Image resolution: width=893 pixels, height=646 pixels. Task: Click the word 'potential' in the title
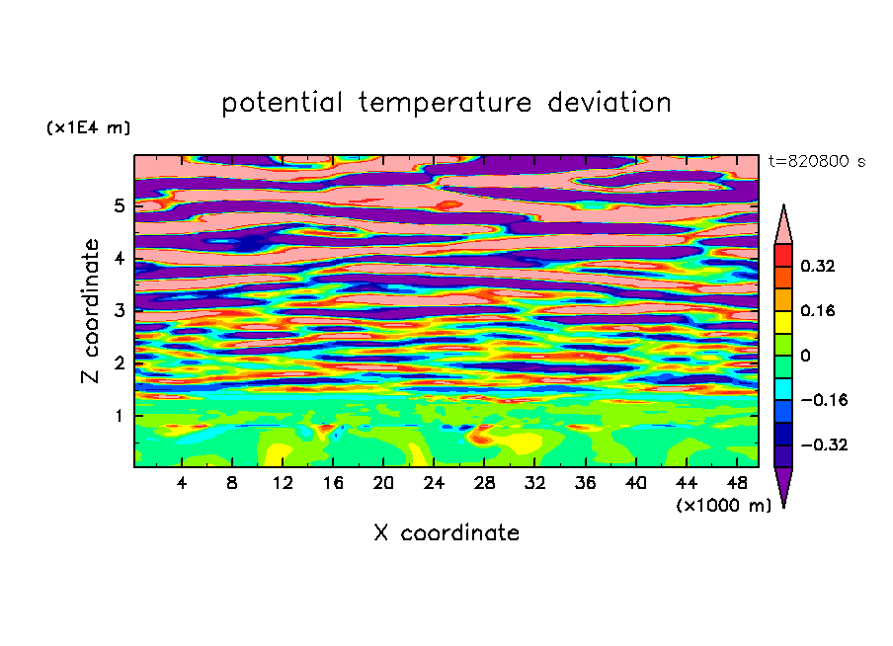(282, 104)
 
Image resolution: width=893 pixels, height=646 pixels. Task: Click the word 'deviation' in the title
(609, 103)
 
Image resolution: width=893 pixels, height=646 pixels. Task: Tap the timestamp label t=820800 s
(817, 161)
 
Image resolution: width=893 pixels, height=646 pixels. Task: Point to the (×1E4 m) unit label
(88, 127)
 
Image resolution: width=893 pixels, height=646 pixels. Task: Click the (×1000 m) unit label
(723, 505)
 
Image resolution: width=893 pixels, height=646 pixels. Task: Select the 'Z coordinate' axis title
(90, 310)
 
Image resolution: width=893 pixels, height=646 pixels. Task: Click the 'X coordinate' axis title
(446, 532)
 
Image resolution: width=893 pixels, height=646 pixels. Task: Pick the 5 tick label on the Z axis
(119, 205)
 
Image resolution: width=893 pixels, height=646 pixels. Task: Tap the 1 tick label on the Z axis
(119, 416)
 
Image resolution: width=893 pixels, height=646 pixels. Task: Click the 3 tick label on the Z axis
(119, 310)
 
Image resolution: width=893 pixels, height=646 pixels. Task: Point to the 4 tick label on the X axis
(182, 483)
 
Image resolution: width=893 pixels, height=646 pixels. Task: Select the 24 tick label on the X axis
(434, 483)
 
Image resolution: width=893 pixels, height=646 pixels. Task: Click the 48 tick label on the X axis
(737, 483)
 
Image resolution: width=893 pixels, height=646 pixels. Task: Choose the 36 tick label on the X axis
(585, 483)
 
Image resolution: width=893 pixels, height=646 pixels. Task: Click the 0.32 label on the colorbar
(818, 266)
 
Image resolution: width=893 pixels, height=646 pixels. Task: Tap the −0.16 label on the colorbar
(824, 400)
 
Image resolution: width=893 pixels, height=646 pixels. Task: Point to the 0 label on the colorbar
(805, 356)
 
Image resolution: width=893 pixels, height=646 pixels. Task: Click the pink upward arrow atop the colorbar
(783, 224)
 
